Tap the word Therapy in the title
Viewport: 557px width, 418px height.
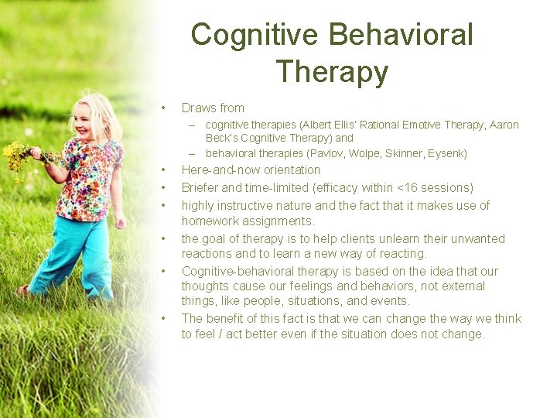click(x=332, y=71)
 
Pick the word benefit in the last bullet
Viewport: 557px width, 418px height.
click(x=230, y=319)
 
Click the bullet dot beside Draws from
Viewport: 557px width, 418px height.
click(x=163, y=108)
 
